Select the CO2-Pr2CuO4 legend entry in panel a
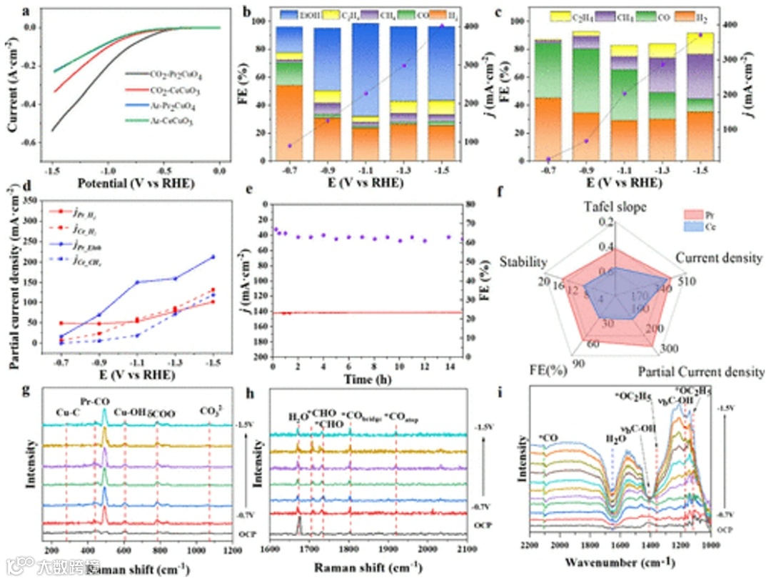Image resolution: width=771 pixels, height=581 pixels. [164, 74]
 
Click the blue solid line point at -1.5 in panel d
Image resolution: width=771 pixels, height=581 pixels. [213, 257]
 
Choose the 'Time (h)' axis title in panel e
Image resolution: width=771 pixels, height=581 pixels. [366, 378]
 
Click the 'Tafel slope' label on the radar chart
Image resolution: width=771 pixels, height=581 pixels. [614, 207]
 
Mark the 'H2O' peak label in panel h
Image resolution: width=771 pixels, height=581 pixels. [296, 416]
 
